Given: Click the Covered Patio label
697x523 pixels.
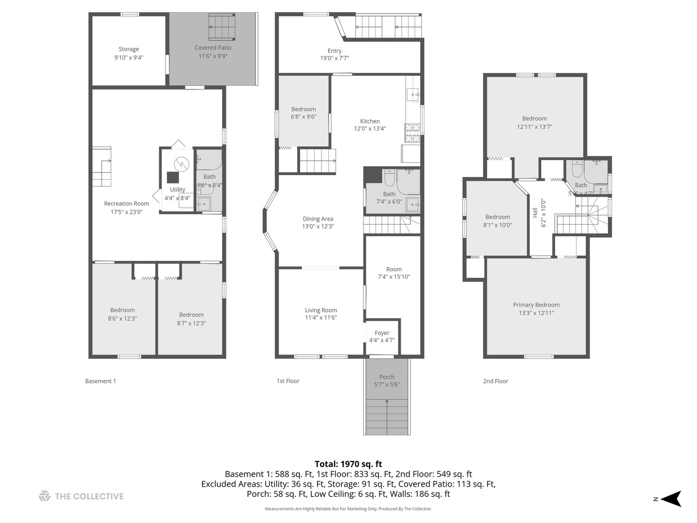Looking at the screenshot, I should (213, 47).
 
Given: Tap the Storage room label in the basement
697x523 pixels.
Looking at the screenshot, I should (129, 49).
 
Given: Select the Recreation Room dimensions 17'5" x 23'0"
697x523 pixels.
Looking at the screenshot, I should (126, 212).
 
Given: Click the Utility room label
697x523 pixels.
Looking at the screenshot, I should (177, 189).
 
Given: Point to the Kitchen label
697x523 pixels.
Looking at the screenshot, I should (370, 121).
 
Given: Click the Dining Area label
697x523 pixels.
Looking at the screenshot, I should (318, 219).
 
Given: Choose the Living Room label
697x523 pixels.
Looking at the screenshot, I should (321, 310).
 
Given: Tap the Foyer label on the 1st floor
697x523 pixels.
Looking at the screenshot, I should (382, 333).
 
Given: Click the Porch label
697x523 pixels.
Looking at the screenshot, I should (387, 377).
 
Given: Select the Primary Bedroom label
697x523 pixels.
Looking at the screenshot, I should (536, 305).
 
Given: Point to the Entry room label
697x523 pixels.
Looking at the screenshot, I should (334, 51).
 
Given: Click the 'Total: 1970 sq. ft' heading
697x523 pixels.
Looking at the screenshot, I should (348, 464).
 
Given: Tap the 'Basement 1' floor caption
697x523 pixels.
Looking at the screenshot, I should (101, 381).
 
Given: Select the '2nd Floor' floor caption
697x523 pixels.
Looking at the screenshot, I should (496, 381).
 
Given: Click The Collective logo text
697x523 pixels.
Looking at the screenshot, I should (89, 496).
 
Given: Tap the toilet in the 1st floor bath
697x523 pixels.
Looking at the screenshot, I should (390, 178).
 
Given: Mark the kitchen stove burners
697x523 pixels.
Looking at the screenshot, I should (412, 132).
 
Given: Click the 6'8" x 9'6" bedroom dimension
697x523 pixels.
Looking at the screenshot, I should (303, 117).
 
